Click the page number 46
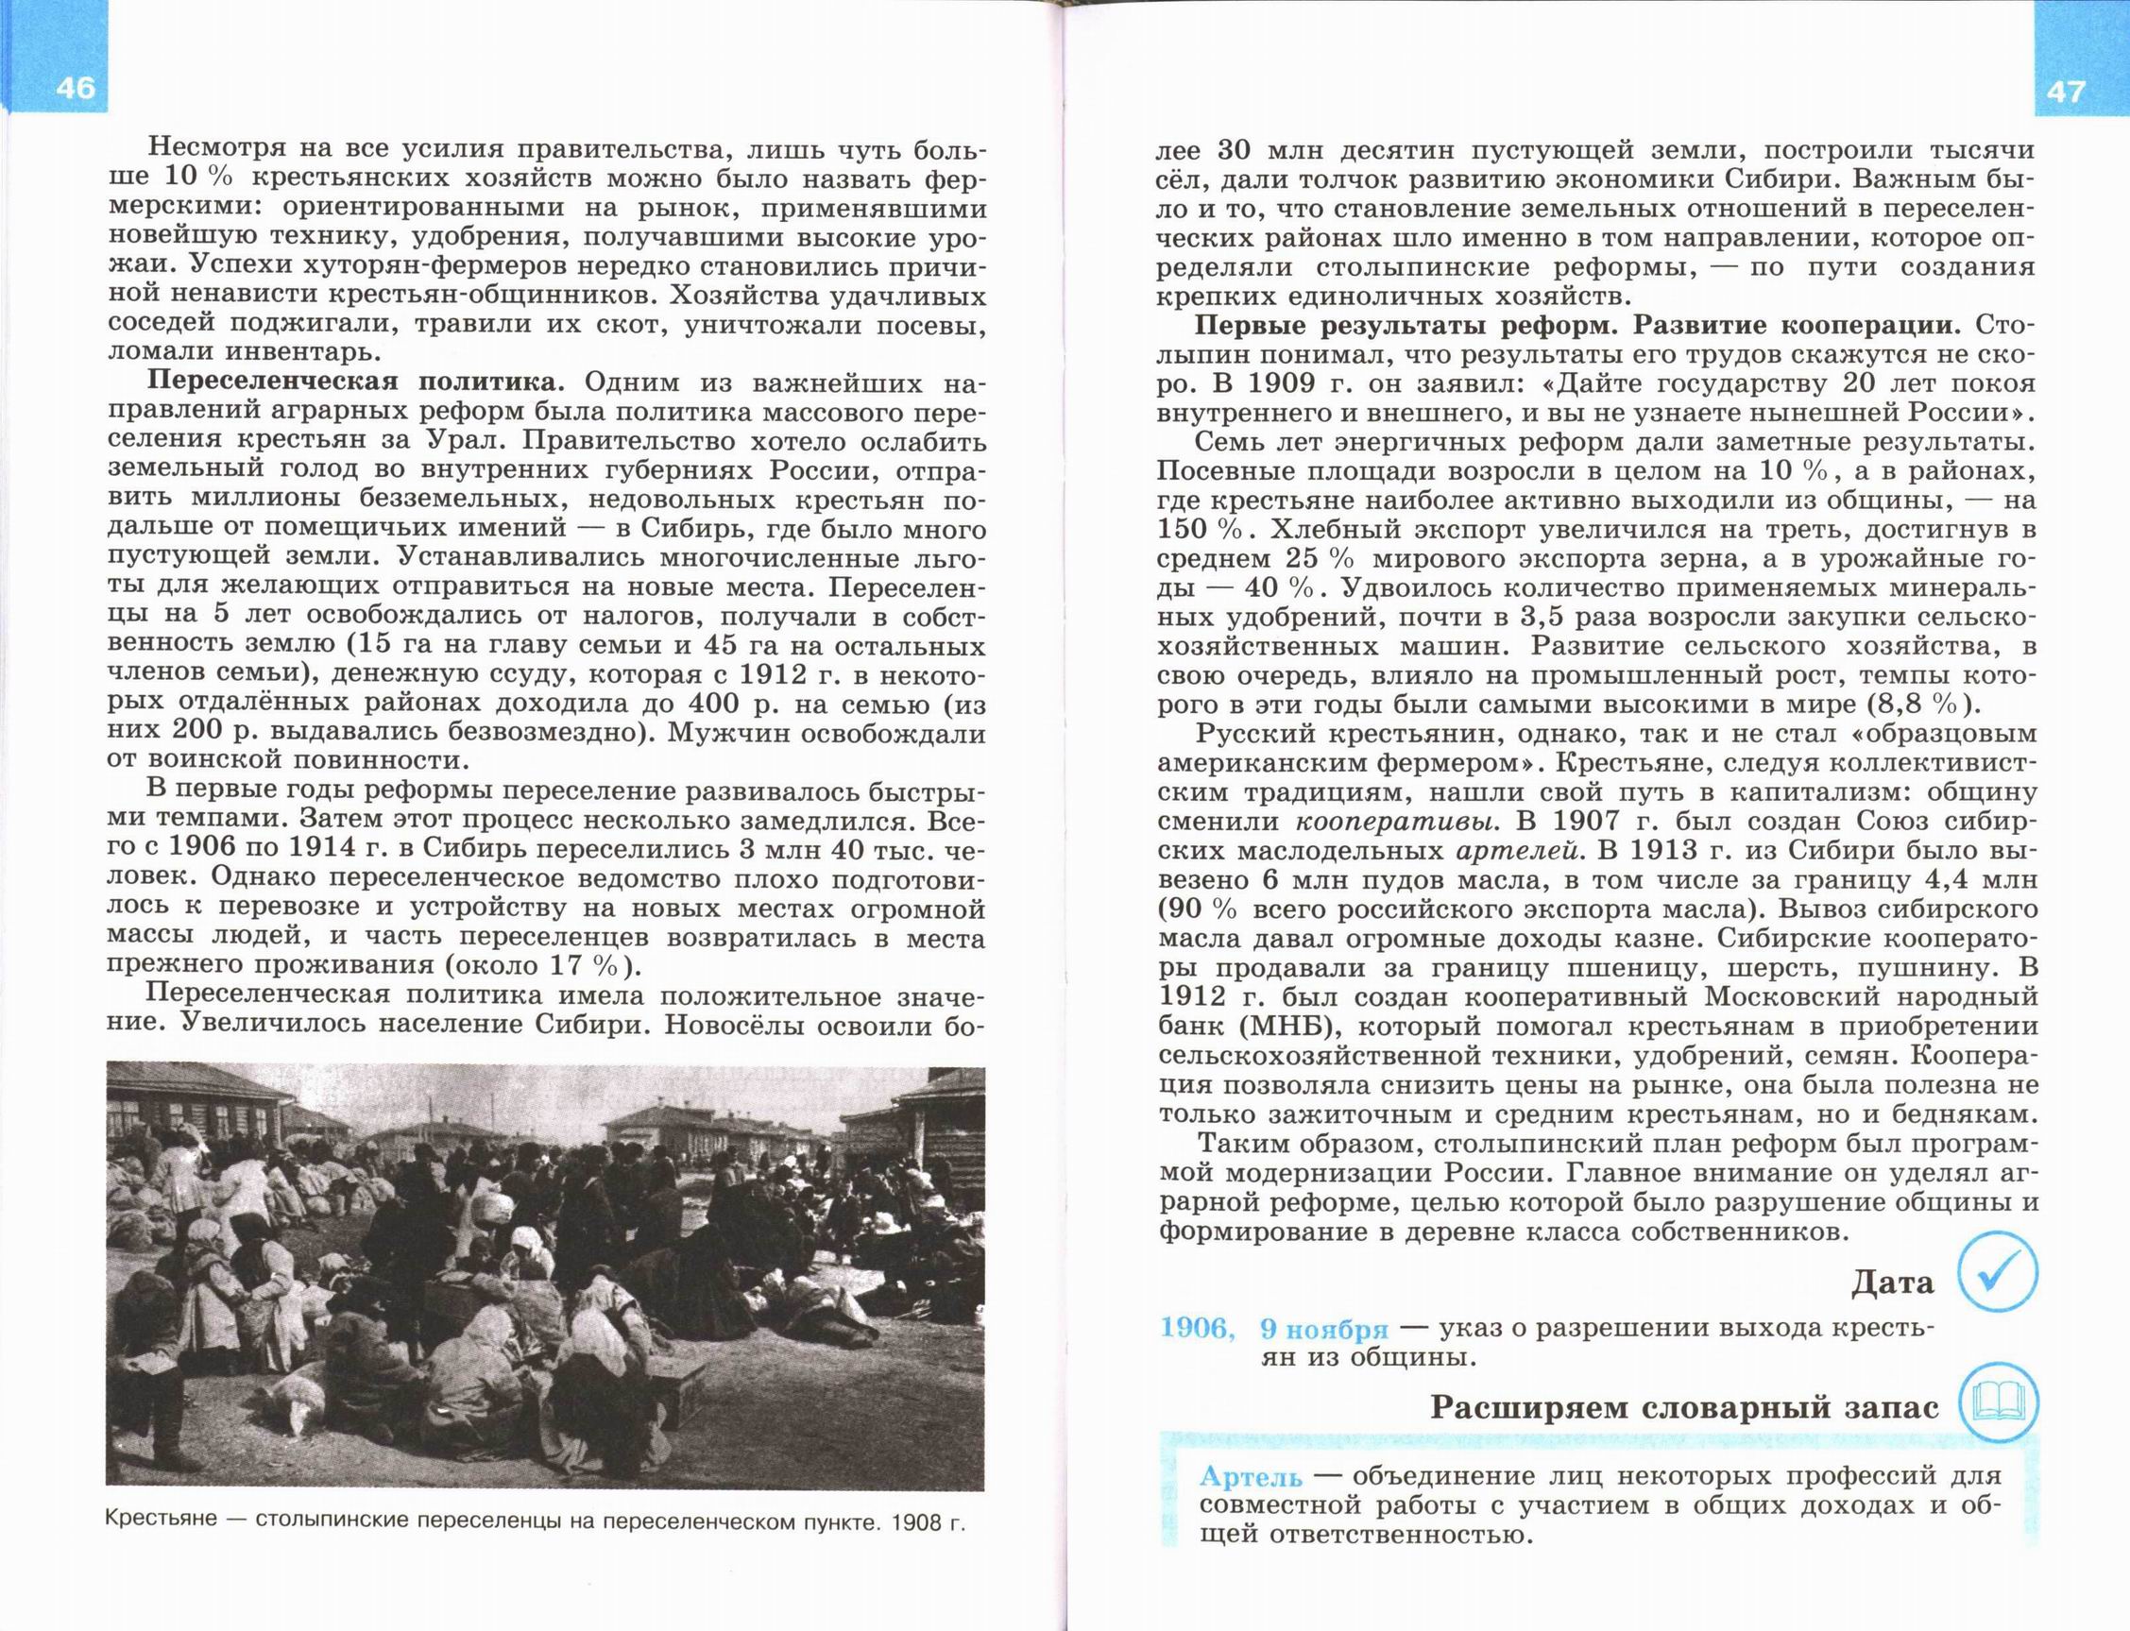coord(75,88)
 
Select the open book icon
coord(1999,1402)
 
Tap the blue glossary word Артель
coord(1250,1477)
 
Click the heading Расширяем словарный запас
coord(1684,1408)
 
